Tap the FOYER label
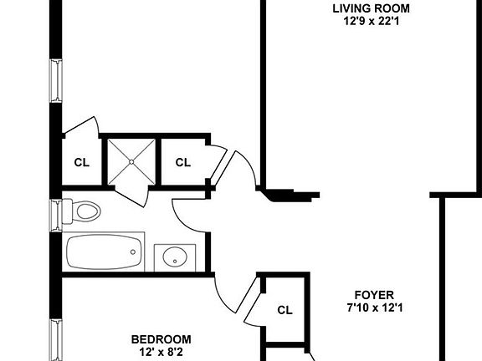pos(374,295)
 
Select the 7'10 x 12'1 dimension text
pos(374,308)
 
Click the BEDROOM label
pos(161,339)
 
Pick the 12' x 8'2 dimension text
pos(161,353)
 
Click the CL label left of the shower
pos(81,162)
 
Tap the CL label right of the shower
pos(182,162)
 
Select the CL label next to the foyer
pos(285,309)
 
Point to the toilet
pos(80,211)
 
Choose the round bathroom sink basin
pos(175,256)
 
